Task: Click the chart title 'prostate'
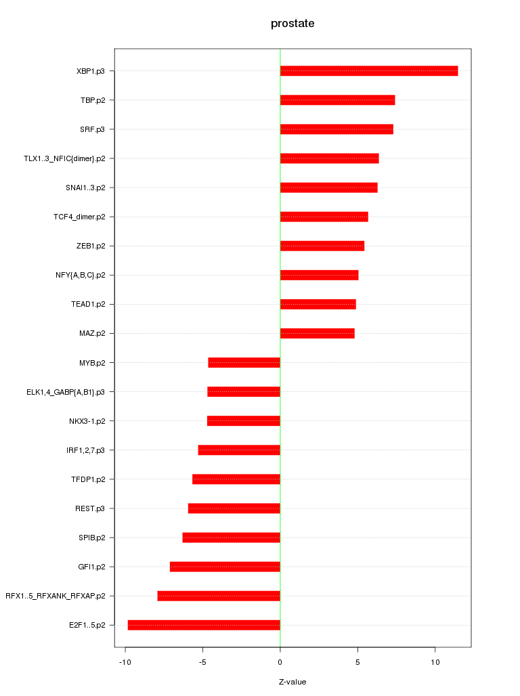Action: (292, 24)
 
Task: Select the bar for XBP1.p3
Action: (369, 71)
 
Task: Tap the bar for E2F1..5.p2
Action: (204, 625)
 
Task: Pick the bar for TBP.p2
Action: (337, 100)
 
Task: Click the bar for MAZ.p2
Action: (317, 333)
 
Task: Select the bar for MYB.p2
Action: (244, 362)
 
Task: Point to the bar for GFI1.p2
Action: (225, 567)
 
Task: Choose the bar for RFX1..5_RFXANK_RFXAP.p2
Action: (219, 596)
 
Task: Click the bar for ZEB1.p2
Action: (322, 246)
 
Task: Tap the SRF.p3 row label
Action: (97, 129)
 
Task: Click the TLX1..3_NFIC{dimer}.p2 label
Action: (68, 158)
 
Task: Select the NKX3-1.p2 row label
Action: (91, 421)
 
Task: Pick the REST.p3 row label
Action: (95, 508)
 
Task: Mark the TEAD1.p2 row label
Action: (92, 304)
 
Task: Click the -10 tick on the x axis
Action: (125, 662)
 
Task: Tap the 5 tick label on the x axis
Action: (357, 662)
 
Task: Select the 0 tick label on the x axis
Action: (280, 662)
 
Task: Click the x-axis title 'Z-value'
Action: (292, 682)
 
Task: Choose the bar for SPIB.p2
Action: (231, 538)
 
